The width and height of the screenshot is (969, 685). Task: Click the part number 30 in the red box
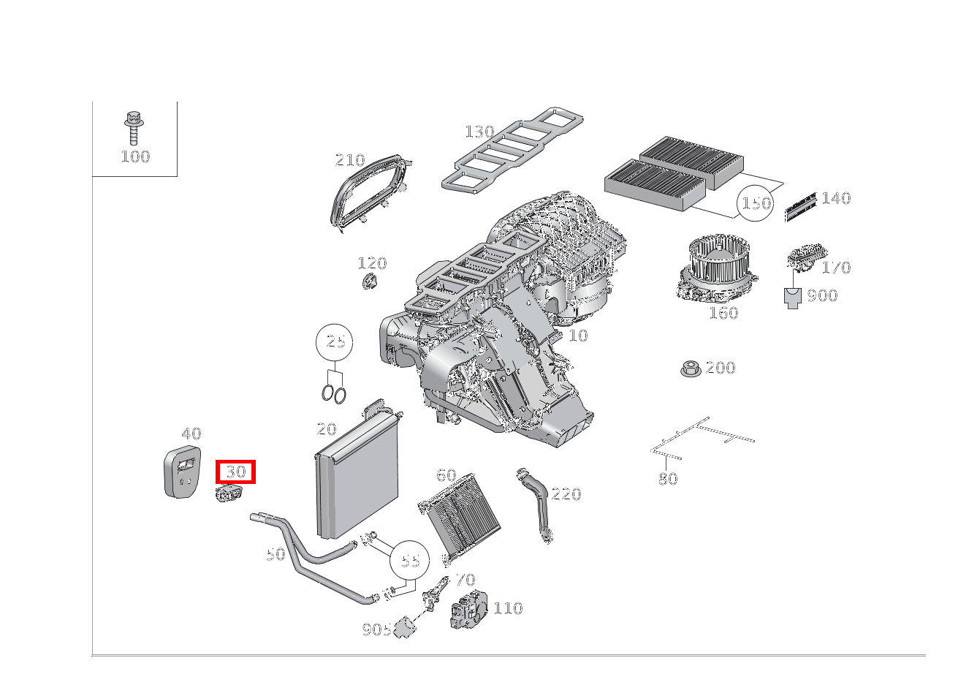coord(236,472)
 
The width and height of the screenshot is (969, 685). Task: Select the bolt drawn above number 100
coord(134,128)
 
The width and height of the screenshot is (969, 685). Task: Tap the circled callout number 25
coord(335,342)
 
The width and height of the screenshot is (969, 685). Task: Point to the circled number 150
coord(755,203)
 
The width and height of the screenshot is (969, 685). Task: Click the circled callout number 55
coord(410,561)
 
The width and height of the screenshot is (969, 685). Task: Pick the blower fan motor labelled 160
coord(716,268)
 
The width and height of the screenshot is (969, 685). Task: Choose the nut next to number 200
coord(691,368)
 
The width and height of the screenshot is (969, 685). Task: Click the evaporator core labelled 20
coord(357,472)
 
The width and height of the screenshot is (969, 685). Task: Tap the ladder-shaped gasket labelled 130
coord(512,151)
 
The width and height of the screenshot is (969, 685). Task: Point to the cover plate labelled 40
coord(183,472)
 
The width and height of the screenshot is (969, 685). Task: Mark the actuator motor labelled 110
coord(469,609)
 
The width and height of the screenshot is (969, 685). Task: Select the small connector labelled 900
coord(792,298)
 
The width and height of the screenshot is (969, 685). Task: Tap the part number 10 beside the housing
coord(578,336)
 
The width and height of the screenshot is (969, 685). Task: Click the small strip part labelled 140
coord(801,208)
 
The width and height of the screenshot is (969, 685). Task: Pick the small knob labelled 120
coord(370,281)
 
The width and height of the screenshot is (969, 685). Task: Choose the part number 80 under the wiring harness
coord(668,479)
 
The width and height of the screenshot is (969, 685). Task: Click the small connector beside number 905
coord(405,627)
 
